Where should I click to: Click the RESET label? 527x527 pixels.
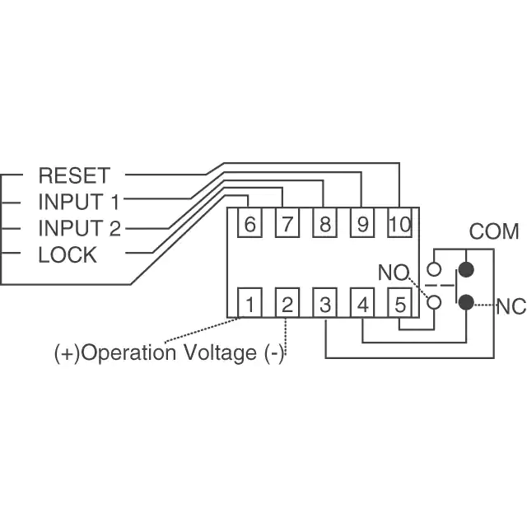click(73, 175)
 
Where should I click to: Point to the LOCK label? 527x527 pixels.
click(68, 254)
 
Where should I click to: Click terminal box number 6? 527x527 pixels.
click(250, 224)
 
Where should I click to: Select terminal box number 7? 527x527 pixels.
click(287, 224)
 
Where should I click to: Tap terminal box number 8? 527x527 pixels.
click(324, 224)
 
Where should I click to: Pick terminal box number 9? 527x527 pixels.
click(361, 224)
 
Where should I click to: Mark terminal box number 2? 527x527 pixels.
click(287, 304)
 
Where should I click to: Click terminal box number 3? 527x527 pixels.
click(325, 304)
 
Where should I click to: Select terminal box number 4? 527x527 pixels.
click(362, 304)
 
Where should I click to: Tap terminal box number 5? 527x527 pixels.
click(399, 304)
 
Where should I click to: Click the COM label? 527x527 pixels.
click(494, 231)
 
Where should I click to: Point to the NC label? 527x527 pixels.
click(511, 307)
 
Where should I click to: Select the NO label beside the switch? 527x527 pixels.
click(392, 272)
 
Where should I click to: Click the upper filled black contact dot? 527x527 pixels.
click(467, 268)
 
